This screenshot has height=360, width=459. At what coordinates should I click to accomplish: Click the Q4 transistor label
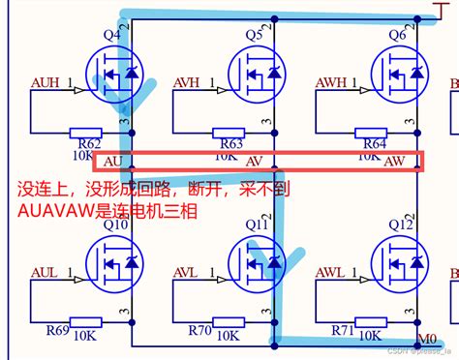tap(112, 35)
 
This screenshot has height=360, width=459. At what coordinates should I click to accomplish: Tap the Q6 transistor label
tap(397, 35)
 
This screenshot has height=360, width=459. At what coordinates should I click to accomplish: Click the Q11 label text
tap(256, 225)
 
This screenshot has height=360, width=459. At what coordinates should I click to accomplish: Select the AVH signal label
tap(188, 81)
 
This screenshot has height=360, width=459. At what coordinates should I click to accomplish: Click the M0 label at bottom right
tap(426, 340)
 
